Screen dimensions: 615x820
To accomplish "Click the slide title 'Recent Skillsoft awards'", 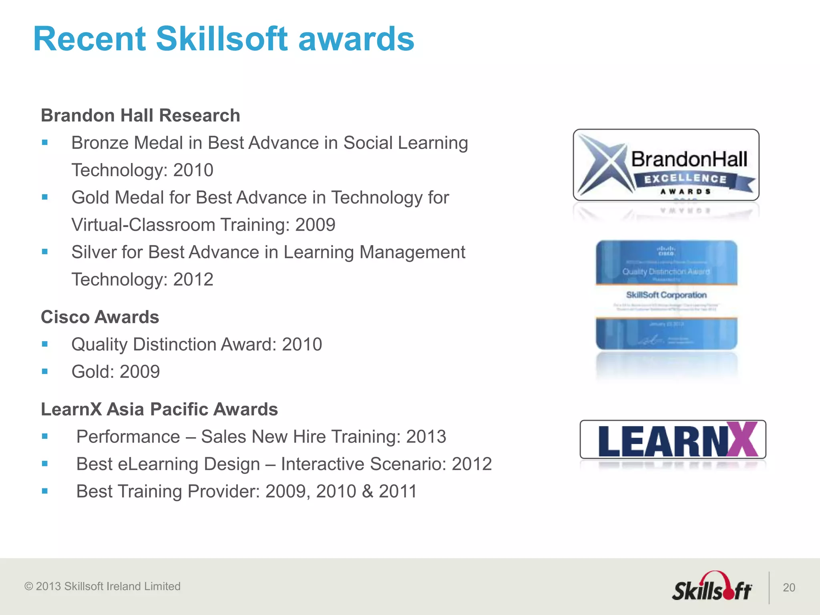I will (223, 39).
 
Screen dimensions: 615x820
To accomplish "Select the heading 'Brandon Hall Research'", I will (141, 115).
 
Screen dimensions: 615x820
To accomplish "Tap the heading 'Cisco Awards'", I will (100, 317).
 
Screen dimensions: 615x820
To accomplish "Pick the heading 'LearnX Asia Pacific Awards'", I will (159, 409).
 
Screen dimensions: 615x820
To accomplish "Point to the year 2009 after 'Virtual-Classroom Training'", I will (315, 225).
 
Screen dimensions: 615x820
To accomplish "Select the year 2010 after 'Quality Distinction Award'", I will (302, 344).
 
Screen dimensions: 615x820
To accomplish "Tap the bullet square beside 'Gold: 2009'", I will (45, 372).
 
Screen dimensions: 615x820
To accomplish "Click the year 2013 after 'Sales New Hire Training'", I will (426, 437).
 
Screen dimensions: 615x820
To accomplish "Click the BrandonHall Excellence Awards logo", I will (666, 165).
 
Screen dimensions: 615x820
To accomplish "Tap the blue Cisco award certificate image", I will (666, 295).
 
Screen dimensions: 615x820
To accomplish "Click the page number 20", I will (789, 587).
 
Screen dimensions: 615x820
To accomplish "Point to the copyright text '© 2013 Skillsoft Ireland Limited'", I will (102, 586).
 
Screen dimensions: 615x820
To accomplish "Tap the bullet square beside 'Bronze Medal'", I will (45, 143).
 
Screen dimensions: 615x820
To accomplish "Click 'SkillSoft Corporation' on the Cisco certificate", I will (666, 295).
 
